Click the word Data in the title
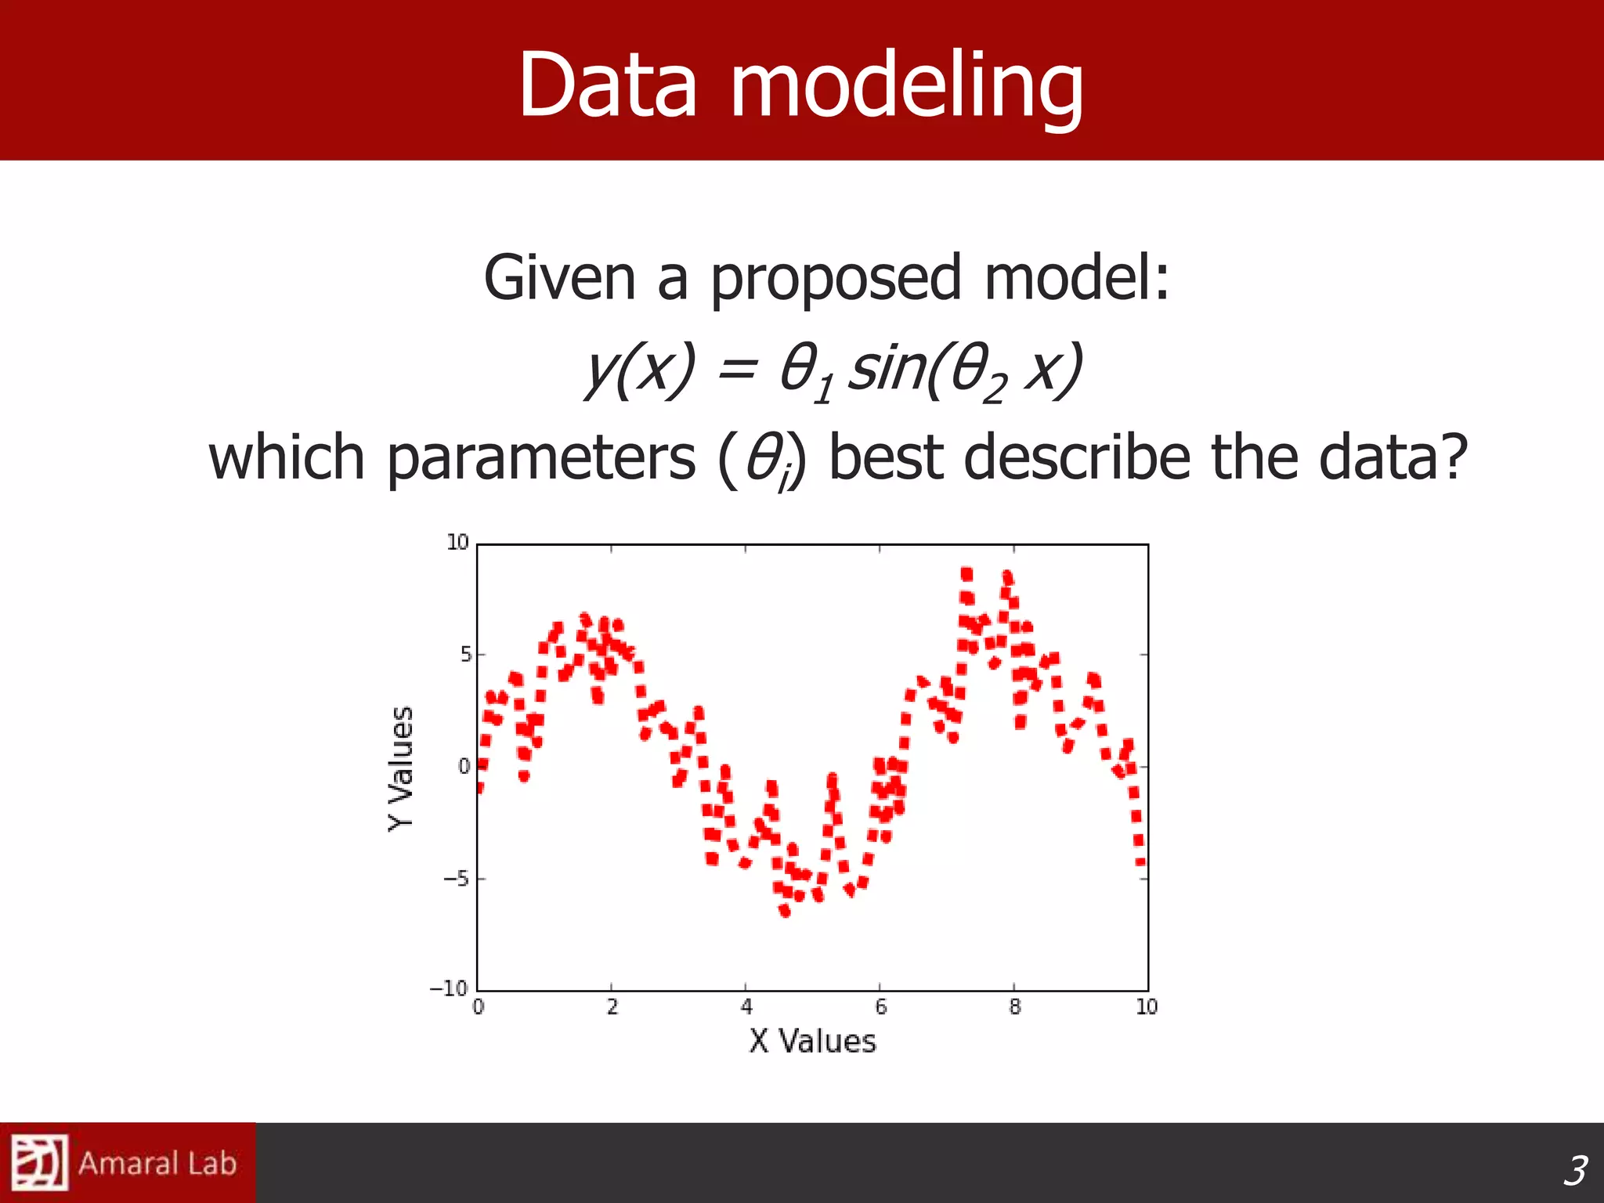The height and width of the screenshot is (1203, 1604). pos(607,85)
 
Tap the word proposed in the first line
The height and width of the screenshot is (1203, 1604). pos(835,279)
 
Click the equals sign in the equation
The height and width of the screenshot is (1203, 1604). pos(736,370)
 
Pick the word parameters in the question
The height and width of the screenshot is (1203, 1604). pos(540,459)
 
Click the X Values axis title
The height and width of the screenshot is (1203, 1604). pos(812,1042)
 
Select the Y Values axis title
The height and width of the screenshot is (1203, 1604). pos(401,768)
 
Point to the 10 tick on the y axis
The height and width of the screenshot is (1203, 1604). pos(457,542)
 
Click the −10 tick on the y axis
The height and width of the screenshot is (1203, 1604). pos(449,988)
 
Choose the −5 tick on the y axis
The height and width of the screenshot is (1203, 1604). pos(455,879)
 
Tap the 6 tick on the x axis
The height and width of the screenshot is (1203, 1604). pos(880,1007)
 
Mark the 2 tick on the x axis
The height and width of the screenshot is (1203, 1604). pos(612,1007)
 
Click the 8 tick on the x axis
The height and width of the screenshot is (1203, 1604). pos(1014,1007)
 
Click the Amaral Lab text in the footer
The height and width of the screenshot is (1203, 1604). pos(157,1164)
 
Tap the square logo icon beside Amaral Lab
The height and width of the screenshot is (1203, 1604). pos(38,1162)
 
